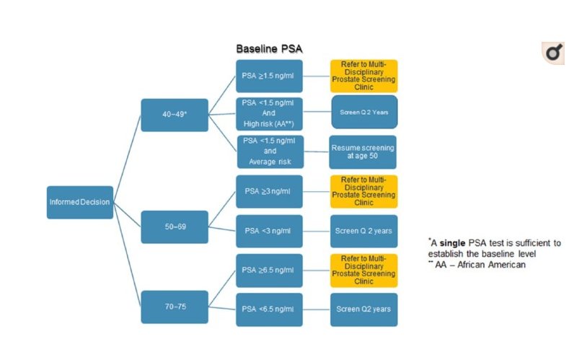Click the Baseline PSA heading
click(x=270, y=49)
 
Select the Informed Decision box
click(x=80, y=202)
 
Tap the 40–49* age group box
click(x=175, y=115)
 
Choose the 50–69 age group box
click(x=175, y=227)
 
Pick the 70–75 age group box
click(x=175, y=306)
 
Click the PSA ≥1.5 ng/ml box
click(x=269, y=74)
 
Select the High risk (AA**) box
click(x=269, y=113)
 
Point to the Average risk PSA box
click(x=269, y=152)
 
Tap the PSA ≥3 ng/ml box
click(x=269, y=191)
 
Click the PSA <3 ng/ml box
click(x=269, y=231)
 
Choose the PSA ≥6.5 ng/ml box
click(x=269, y=271)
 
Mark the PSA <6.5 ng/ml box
click(x=269, y=309)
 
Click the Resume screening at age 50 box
click(x=363, y=152)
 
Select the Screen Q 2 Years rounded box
click(x=363, y=113)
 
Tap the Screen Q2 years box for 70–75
click(x=363, y=309)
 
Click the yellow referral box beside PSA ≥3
click(x=363, y=191)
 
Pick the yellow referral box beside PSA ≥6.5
click(x=363, y=270)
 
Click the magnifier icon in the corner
click(x=552, y=52)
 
